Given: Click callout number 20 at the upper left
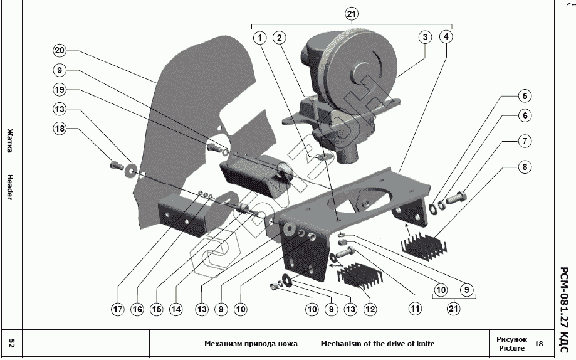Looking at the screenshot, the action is [60, 50].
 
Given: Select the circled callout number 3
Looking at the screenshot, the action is [425, 37].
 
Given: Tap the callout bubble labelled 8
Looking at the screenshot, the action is [525, 167].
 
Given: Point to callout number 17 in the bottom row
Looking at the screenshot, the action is [118, 309].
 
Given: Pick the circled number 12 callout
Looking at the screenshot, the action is [370, 309].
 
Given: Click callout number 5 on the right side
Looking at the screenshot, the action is [525, 96].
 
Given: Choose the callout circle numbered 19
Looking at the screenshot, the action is [60, 90].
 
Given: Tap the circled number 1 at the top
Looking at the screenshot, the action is [260, 38].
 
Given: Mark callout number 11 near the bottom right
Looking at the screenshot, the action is [415, 309].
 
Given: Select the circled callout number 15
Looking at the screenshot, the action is [157, 309].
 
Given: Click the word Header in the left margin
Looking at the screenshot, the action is [10, 188].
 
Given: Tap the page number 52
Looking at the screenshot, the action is [11, 344].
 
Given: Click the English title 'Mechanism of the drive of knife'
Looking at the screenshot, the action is [378, 344].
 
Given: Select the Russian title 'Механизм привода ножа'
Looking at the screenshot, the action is [251, 344].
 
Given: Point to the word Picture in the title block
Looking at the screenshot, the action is [511, 348].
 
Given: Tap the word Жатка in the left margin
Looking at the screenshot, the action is [10, 140].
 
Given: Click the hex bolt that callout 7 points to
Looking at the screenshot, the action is [458, 198].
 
